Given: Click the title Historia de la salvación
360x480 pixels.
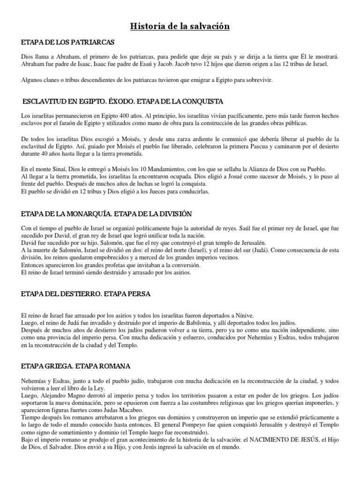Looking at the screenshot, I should pos(180,27).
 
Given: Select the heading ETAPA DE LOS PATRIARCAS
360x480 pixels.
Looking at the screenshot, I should pos(68,43).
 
